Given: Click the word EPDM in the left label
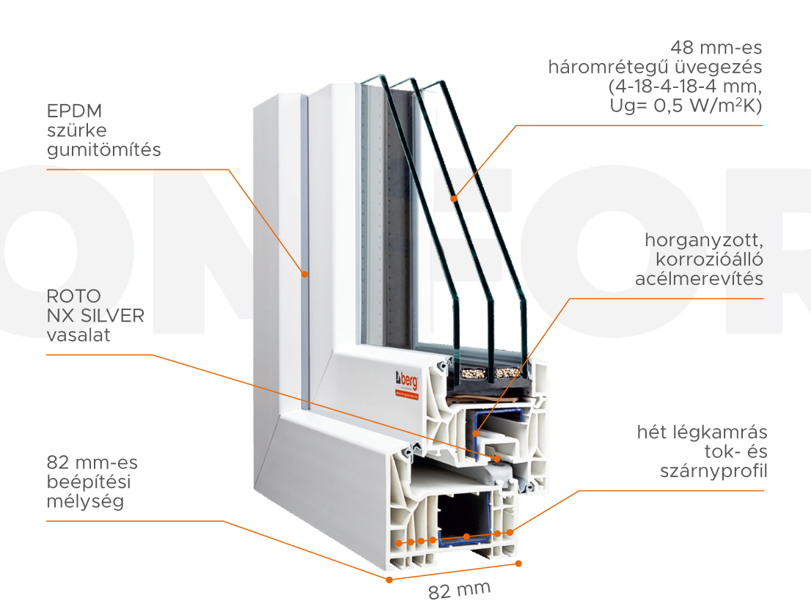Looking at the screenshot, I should point(74,111).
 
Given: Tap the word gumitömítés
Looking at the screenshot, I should point(103,150).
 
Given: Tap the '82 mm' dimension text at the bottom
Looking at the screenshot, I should point(459,590).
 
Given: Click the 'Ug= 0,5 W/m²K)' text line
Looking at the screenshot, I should point(686,106).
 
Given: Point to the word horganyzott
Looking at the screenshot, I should point(704,240).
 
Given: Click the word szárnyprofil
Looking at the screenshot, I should point(713,471).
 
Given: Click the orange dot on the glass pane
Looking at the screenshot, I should point(455,197).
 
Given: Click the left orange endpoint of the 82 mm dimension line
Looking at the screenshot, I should point(389,579).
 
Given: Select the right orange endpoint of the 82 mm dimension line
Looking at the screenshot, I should point(518,563).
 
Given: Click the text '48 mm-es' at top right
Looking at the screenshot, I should point(717,48).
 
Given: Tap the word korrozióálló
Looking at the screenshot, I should point(710,259).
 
